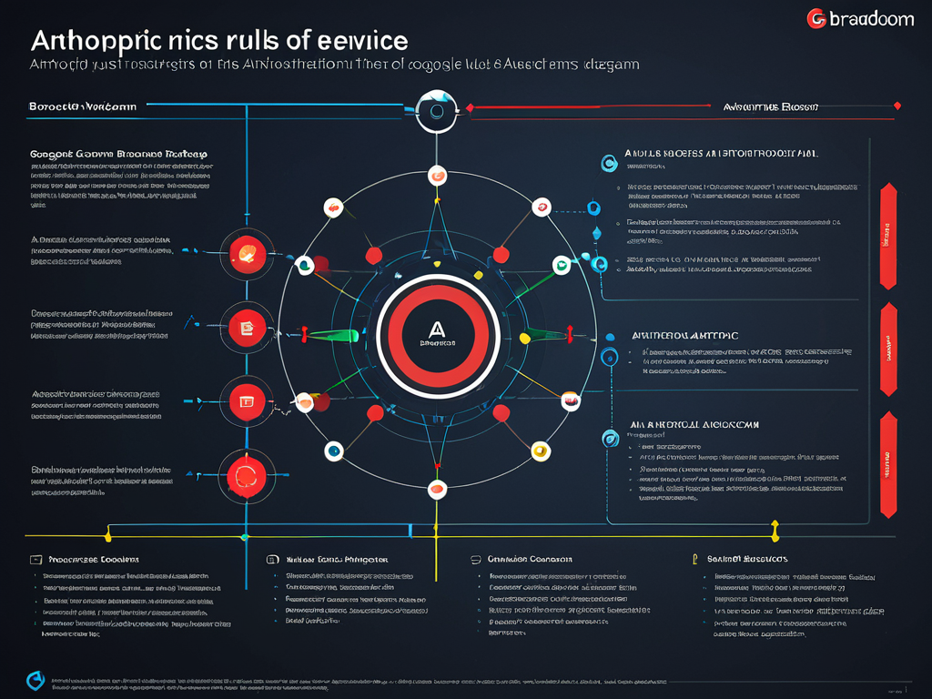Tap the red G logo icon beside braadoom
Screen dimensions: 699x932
coord(817,18)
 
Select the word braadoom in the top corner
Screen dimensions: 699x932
coord(872,18)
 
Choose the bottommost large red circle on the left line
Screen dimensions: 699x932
coord(246,471)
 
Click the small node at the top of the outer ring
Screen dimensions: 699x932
coord(437,176)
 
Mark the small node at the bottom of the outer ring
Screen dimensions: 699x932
coord(437,489)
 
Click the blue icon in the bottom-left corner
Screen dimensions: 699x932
coord(35,679)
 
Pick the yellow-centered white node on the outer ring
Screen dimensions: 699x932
coord(540,450)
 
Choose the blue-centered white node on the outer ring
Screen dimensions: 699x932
coord(334,450)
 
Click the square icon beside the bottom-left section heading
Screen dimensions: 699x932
coord(35,560)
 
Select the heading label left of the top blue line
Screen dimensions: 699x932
coord(83,106)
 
